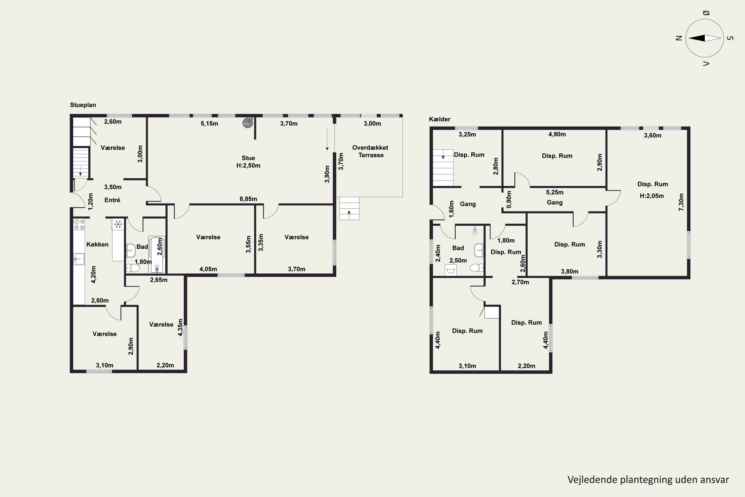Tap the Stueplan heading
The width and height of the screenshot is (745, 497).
click(83, 105)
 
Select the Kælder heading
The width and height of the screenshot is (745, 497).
click(440, 119)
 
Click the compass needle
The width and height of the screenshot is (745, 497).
click(705, 38)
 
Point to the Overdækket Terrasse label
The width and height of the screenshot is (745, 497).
click(370, 151)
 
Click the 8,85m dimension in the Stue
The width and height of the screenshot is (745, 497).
click(248, 199)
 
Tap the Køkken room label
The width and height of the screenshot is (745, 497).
click(98, 244)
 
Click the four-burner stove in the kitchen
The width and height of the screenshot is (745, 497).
click(79, 224)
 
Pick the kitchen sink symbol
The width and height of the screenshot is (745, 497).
click(79, 259)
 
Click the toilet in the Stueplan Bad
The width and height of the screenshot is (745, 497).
click(133, 268)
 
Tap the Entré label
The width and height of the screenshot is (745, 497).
click(112, 200)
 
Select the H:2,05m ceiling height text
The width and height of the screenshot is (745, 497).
click(652, 196)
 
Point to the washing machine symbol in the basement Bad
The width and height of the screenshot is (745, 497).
click(450, 270)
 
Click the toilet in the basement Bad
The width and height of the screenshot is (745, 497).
click(477, 268)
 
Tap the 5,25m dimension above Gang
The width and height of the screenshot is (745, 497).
click(555, 192)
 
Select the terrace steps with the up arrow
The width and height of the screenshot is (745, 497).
click(349, 208)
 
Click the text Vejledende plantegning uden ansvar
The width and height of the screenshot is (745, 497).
click(648, 480)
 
